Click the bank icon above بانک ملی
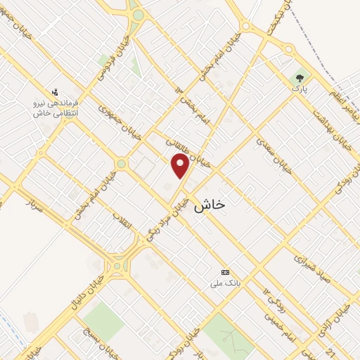point(225,272)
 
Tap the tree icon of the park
point(301,79)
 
